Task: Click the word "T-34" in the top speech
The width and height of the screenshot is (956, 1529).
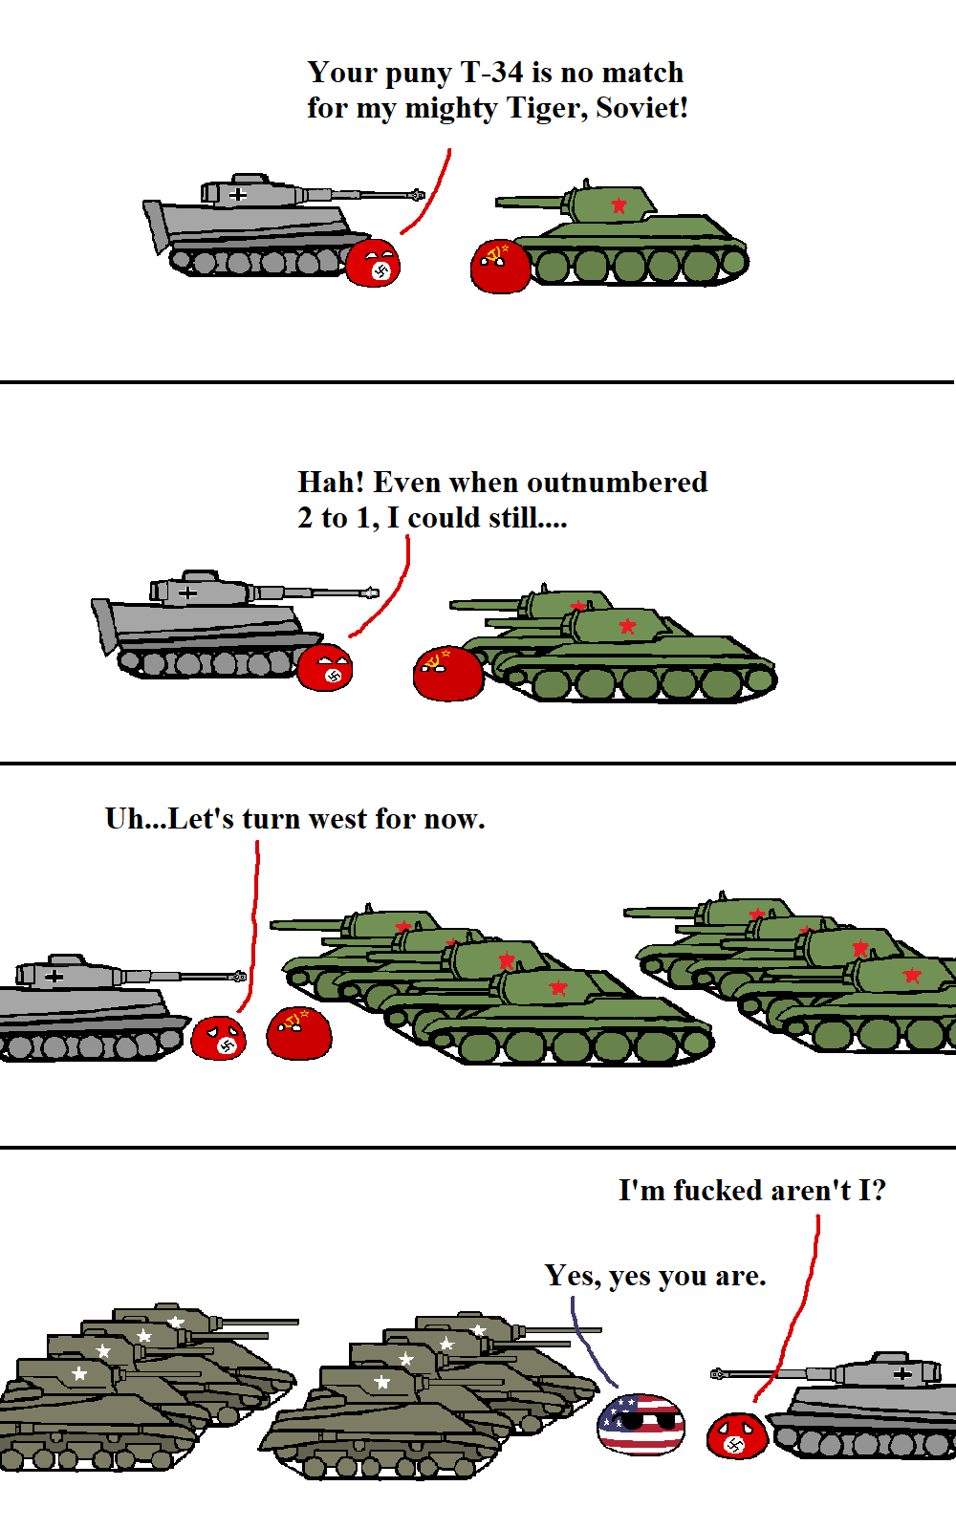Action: (491, 73)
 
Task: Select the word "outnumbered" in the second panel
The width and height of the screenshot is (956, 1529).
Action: (618, 483)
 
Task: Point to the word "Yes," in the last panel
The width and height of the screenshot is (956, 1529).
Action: (573, 1276)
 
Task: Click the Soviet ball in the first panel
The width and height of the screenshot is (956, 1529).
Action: (500, 267)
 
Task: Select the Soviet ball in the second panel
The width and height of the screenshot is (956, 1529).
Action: (448, 674)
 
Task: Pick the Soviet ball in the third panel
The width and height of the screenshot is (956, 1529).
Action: (299, 1033)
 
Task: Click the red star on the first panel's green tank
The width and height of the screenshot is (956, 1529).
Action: (619, 205)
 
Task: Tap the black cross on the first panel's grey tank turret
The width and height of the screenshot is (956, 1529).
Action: (237, 195)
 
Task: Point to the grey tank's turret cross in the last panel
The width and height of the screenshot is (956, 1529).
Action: (902, 1373)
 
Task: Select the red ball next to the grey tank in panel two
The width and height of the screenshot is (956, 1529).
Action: (325, 667)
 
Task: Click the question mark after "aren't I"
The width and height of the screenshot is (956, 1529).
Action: (879, 1190)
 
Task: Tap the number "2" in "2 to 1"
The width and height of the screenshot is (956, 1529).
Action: (305, 518)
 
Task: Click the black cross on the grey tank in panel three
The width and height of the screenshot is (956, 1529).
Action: (54, 976)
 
